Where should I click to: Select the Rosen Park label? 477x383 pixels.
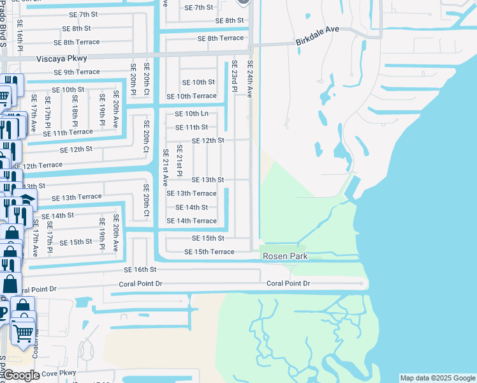coord(285,256)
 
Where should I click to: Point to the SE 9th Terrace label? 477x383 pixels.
coord(77,72)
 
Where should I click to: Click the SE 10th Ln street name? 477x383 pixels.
coord(191,114)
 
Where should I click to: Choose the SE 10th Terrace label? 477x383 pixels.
coord(191,96)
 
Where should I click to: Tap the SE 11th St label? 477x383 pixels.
coord(191,127)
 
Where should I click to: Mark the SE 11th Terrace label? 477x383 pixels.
coord(68,132)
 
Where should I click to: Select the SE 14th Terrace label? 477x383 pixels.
coord(191,221)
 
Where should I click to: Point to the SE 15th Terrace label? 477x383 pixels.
coord(209,252)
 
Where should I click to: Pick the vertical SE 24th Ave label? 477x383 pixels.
coord(249,79)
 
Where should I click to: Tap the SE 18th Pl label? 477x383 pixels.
coord(75,110)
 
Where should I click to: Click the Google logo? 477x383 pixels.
coord(22,375)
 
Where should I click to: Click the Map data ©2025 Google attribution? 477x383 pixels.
coord(437,378)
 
